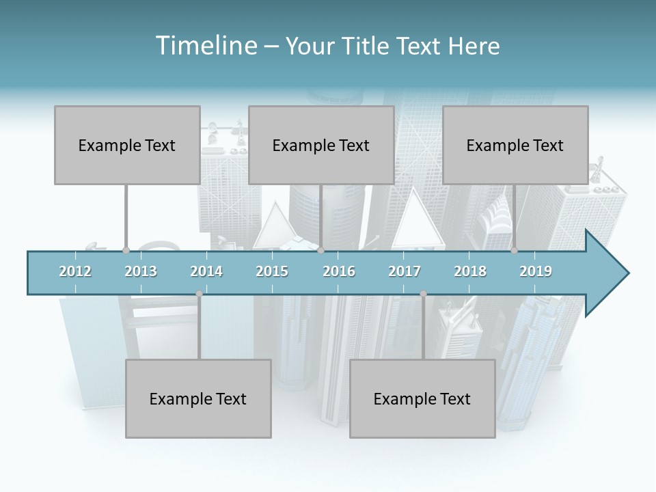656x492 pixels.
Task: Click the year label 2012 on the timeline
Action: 75,271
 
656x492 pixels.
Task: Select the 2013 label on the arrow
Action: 141,271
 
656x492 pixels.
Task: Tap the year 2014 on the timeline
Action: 206,271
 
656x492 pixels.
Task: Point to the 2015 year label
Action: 272,271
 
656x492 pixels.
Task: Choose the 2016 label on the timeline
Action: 339,271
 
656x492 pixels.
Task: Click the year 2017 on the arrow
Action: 405,271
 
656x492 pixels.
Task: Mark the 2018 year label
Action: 470,271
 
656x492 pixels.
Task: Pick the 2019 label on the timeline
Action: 536,271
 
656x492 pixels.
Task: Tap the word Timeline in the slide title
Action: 206,46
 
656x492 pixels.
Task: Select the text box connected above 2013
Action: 127,145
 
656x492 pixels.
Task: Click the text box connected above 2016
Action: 321,145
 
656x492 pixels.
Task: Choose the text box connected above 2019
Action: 515,145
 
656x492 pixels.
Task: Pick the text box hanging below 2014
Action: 198,398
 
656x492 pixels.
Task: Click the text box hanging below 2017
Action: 422,398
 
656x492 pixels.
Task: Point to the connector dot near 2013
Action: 126,251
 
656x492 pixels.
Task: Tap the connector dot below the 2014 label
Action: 199,294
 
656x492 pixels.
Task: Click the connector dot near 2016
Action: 321,251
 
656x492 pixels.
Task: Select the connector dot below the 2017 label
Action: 423,294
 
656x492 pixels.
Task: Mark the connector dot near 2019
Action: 514,251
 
